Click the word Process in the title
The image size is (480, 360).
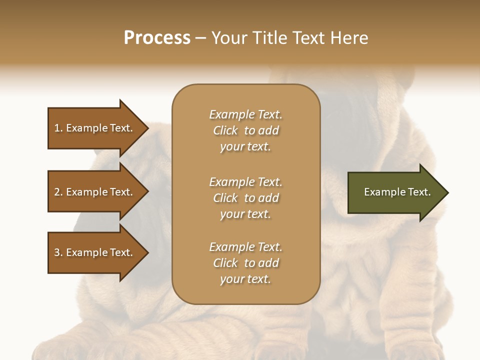coord(157,38)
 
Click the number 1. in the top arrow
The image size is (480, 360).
coord(58,128)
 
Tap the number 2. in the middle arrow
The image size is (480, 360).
coord(58,192)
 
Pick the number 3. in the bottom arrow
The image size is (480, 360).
coord(58,252)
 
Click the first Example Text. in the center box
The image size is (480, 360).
coord(245,114)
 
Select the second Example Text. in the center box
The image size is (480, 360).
coord(245,182)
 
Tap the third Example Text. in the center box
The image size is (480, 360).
coord(245,247)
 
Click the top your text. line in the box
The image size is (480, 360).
coord(245,147)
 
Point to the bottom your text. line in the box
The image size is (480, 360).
coord(245,279)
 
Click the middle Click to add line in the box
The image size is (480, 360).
coord(245,198)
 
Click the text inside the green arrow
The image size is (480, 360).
coord(397,192)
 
